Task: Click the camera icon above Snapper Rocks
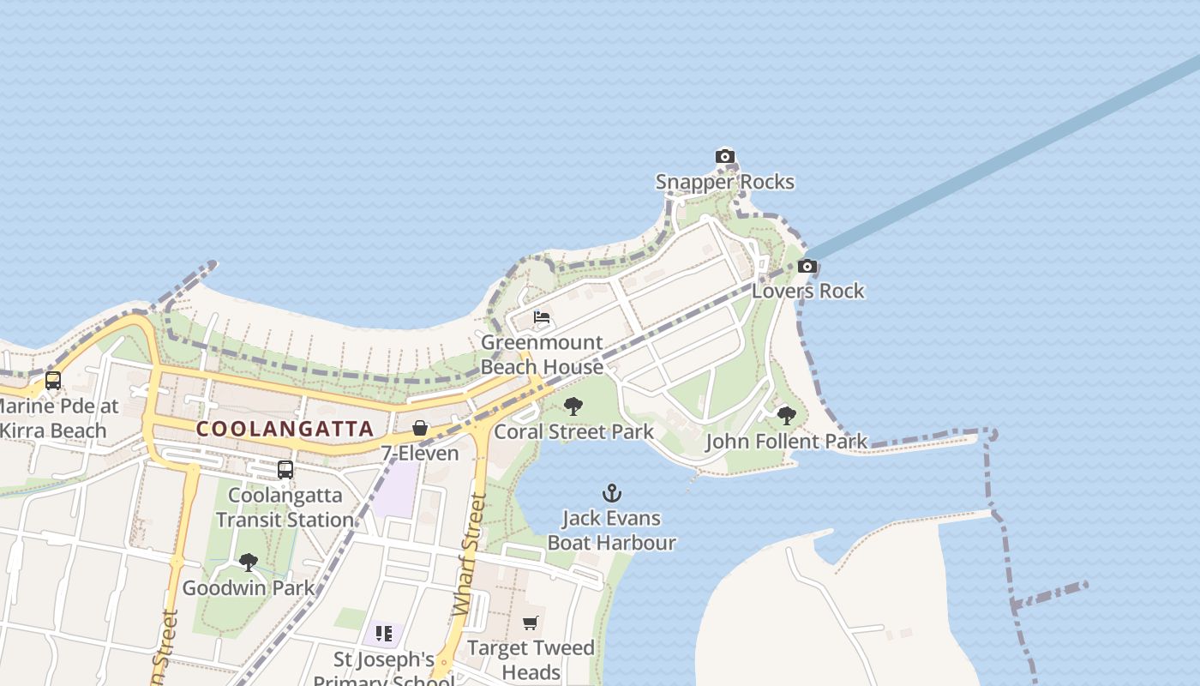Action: click(x=725, y=156)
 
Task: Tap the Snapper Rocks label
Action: click(x=725, y=182)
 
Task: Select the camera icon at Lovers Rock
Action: click(x=807, y=267)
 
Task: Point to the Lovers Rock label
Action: click(x=808, y=291)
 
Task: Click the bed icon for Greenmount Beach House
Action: click(x=542, y=317)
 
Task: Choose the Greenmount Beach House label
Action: click(x=542, y=354)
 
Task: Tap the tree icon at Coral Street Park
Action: click(x=573, y=406)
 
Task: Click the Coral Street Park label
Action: click(x=573, y=431)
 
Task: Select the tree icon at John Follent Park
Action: click(x=786, y=416)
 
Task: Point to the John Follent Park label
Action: click(x=786, y=442)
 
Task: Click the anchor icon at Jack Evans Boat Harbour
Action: click(x=611, y=493)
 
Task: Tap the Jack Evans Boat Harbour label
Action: click(x=611, y=530)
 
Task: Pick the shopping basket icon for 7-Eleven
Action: click(x=420, y=428)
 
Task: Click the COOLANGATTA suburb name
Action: click(x=285, y=429)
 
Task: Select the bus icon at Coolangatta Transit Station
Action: click(x=285, y=470)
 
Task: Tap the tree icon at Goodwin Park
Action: click(x=249, y=563)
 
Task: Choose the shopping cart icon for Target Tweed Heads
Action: click(x=531, y=623)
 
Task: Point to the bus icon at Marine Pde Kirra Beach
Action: click(x=53, y=381)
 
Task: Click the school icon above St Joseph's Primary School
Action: click(x=383, y=634)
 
